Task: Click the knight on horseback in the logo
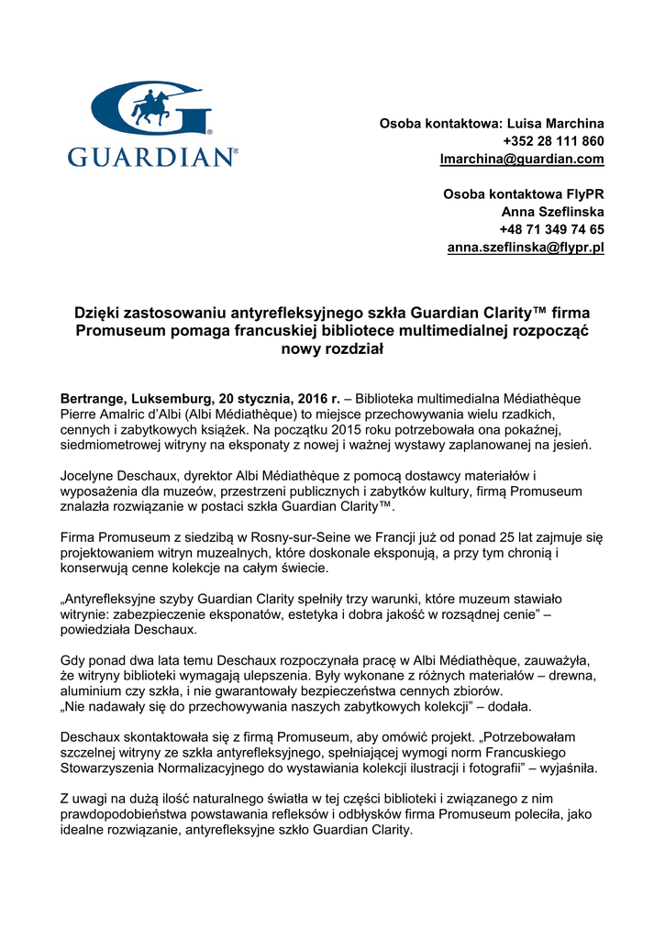(x=151, y=106)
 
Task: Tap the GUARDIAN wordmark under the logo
(x=152, y=157)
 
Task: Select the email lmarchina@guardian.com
(x=522, y=159)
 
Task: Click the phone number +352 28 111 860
(x=553, y=141)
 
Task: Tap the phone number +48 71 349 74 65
(x=551, y=229)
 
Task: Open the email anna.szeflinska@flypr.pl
(x=526, y=248)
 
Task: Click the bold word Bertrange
(x=93, y=400)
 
